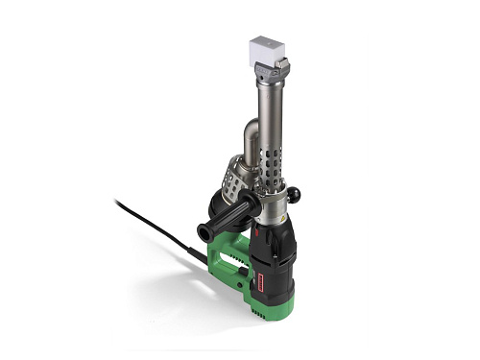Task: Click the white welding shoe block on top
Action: pyautogui.click(x=266, y=49)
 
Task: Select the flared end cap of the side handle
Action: pyautogui.click(x=204, y=231)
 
